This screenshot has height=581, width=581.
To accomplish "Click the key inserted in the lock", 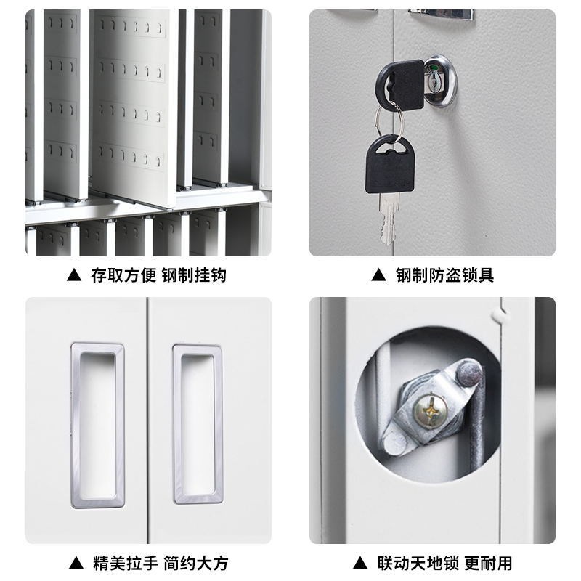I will pos(400,84).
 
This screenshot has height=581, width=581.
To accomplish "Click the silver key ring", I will pos(390,123).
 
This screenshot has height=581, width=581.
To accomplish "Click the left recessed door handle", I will pos(97,423).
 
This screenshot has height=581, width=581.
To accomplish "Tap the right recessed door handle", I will pos(198,423).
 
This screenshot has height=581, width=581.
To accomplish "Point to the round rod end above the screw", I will pos(467,375).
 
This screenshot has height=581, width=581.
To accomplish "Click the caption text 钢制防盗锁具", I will pos(444,275).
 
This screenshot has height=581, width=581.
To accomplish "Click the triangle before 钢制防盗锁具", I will pos(377,275).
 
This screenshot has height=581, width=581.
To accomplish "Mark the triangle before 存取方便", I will pos(73,275).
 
